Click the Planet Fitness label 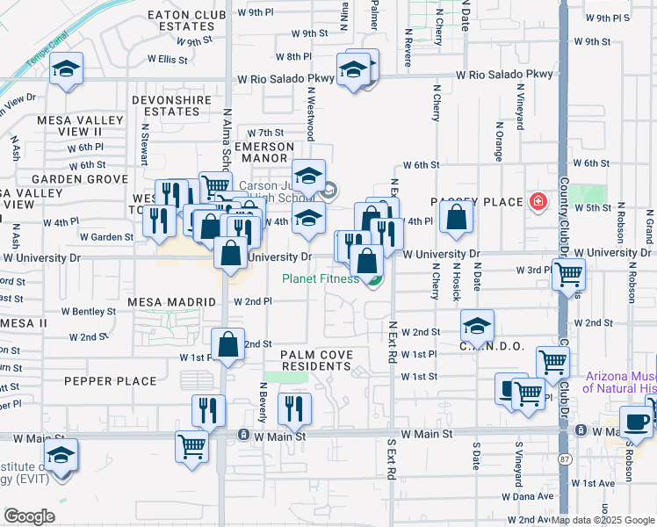click(320, 279)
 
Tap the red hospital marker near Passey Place click(538, 202)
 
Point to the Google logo click(29, 516)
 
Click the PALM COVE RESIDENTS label click(317, 361)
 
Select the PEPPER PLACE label click(110, 381)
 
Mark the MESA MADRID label click(172, 302)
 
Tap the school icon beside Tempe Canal click(66, 70)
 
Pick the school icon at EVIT click(61, 454)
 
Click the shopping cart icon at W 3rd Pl click(568, 273)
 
